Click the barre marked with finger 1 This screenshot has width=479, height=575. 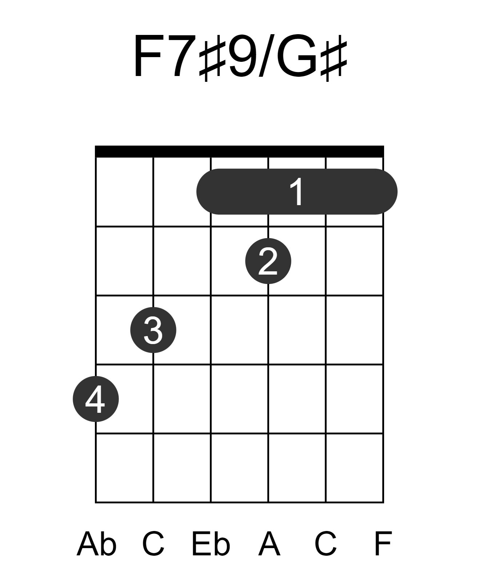click(x=297, y=192)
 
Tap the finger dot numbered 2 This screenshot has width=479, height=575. click(x=268, y=261)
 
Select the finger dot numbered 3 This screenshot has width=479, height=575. click(x=153, y=330)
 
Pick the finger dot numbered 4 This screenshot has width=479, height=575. click(x=96, y=399)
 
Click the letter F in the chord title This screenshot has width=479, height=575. click(x=148, y=56)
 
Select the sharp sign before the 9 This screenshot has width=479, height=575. click(x=212, y=58)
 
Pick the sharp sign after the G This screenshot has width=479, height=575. click(x=334, y=58)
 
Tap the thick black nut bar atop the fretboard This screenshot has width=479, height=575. click(x=239, y=151)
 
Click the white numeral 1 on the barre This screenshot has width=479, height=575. click(x=297, y=192)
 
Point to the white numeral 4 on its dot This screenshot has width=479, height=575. click(x=95, y=399)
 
